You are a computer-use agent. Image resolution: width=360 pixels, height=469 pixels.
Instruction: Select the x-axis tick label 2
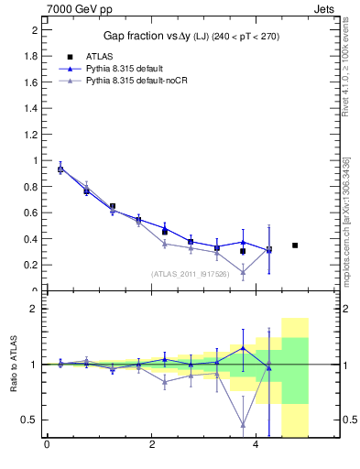coord(151,446)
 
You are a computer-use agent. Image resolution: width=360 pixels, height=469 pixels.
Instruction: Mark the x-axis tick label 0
coord(47,446)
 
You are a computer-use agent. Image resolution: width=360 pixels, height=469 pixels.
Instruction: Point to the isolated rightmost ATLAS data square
coord(295,245)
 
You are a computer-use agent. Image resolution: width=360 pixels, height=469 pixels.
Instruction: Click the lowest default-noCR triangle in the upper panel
coord(243,272)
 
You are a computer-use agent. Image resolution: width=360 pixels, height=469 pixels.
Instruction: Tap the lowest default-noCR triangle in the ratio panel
coord(243,424)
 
